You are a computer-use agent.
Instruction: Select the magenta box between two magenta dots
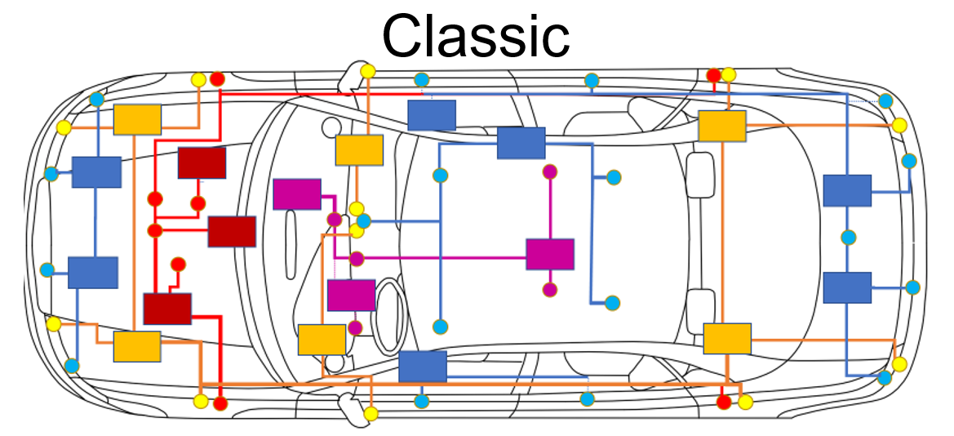click(550, 254)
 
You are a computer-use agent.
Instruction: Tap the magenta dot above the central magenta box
click(550, 171)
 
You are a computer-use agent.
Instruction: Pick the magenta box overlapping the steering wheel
click(351, 295)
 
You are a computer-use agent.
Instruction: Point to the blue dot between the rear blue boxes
click(848, 238)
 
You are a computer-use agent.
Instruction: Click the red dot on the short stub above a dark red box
click(178, 264)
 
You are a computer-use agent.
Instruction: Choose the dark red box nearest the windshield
click(232, 232)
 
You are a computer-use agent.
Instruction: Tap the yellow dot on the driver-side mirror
click(371, 413)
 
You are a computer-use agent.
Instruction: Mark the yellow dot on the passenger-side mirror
click(368, 71)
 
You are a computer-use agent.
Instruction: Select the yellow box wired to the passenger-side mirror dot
click(359, 150)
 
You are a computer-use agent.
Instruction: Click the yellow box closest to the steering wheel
click(322, 340)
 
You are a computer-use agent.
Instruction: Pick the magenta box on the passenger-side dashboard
click(296, 194)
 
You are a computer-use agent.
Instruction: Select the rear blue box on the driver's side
click(847, 287)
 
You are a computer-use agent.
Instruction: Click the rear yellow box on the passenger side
click(722, 126)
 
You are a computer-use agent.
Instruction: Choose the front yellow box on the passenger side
click(137, 120)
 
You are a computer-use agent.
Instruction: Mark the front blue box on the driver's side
click(92, 273)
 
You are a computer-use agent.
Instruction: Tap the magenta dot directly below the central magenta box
click(550, 289)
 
